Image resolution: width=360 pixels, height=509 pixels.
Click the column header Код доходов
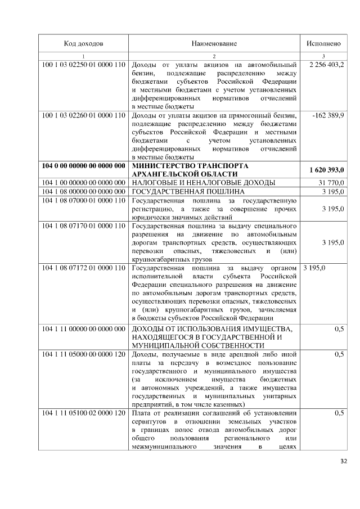pyautogui.click(x=83, y=43)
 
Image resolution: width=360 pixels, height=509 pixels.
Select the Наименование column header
pyautogui.click(x=214, y=43)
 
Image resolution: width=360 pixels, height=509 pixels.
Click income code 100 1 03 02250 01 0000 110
pyautogui.click(x=83, y=65)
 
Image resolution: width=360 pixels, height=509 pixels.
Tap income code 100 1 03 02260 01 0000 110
pyautogui.click(x=83, y=115)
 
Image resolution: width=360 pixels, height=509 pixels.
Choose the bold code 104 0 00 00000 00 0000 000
pyautogui.click(x=83, y=166)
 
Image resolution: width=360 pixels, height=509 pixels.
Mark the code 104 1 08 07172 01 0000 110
pyautogui.click(x=83, y=267)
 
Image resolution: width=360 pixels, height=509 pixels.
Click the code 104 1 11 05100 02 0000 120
pyautogui.click(x=83, y=413)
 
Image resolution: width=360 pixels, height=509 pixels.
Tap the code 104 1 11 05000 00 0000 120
pyautogui.click(x=83, y=354)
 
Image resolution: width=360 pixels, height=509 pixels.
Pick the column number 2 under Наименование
pyautogui.click(x=214, y=56)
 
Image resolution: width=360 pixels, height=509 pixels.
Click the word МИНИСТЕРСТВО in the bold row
pyautogui.click(x=163, y=166)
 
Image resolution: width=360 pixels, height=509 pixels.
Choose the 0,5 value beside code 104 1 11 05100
pyautogui.click(x=339, y=413)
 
